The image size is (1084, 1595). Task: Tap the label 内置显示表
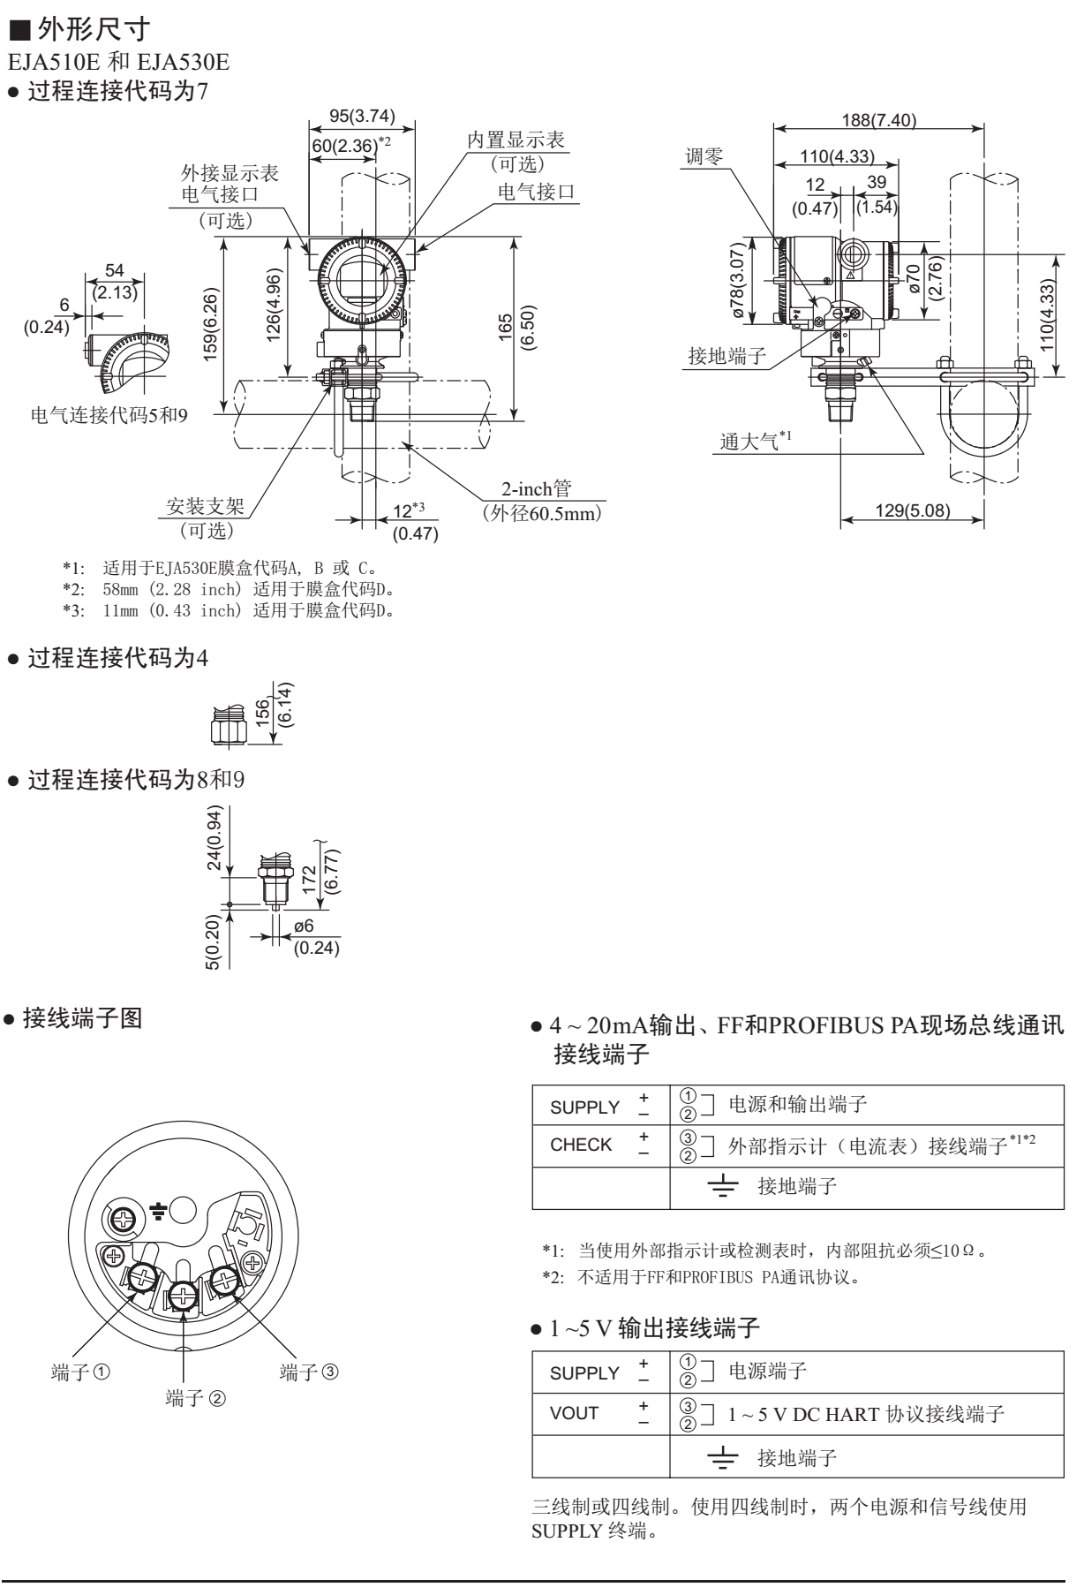pyautogui.click(x=516, y=140)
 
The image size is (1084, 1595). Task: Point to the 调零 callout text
pyautogui.click(x=704, y=156)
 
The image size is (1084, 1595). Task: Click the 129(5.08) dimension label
pyautogui.click(x=912, y=510)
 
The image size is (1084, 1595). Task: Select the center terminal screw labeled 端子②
pyautogui.click(x=183, y=1296)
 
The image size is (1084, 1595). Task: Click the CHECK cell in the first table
pyautogui.click(x=581, y=1145)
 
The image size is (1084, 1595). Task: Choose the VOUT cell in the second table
pyautogui.click(x=574, y=1412)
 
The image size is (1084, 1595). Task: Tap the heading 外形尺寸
pyautogui.click(x=96, y=32)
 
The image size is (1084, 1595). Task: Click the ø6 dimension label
pyautogui.click(x=303, y=926)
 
